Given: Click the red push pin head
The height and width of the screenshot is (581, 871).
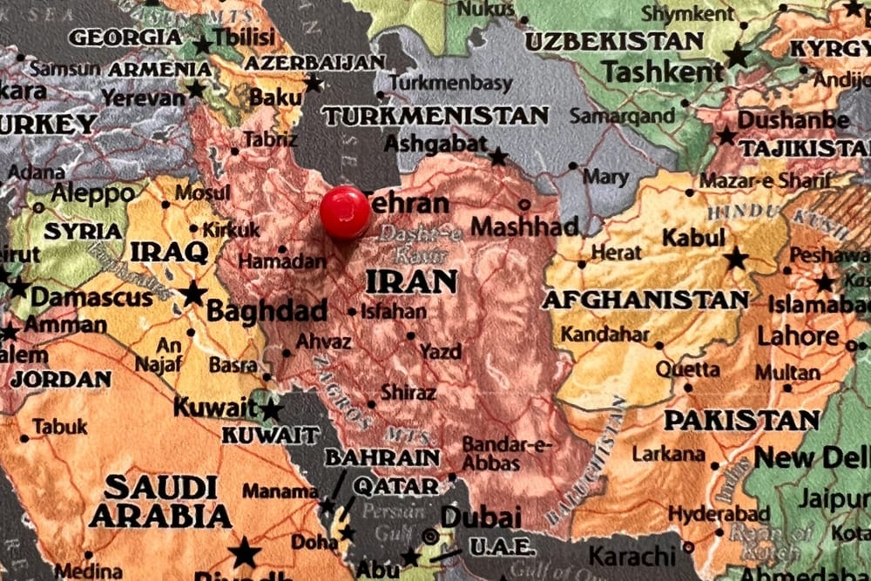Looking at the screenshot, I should pos(345,212).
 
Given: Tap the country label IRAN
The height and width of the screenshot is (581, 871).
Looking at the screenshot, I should pos(411,281).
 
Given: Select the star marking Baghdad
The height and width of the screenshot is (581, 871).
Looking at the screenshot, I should pos(193,294).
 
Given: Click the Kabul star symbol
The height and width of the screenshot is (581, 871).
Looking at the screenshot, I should pos(736,259).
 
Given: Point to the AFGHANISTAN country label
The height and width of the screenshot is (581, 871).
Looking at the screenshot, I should pos(645,300).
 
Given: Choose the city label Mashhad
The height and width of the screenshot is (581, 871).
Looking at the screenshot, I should pos(524,227).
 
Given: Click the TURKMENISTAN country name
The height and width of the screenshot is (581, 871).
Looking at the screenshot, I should pos(435,115).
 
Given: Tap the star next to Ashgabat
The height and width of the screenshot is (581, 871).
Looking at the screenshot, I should pos(498,157).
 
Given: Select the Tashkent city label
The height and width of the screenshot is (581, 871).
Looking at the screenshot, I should pos(663,72).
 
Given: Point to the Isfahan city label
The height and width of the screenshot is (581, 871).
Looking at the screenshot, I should pos(394,311).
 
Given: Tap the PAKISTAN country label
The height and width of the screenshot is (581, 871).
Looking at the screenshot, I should pos(741,420).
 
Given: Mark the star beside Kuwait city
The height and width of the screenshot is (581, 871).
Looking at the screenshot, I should pos(272,409).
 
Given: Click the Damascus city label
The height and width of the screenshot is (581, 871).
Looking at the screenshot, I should pos(91,297).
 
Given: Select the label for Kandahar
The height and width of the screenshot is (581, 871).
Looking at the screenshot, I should pos(604,334).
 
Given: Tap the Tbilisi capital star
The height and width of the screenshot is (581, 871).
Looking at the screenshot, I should pos(203,44).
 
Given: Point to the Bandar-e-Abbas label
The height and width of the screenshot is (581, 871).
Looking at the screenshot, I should pos(508,453).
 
